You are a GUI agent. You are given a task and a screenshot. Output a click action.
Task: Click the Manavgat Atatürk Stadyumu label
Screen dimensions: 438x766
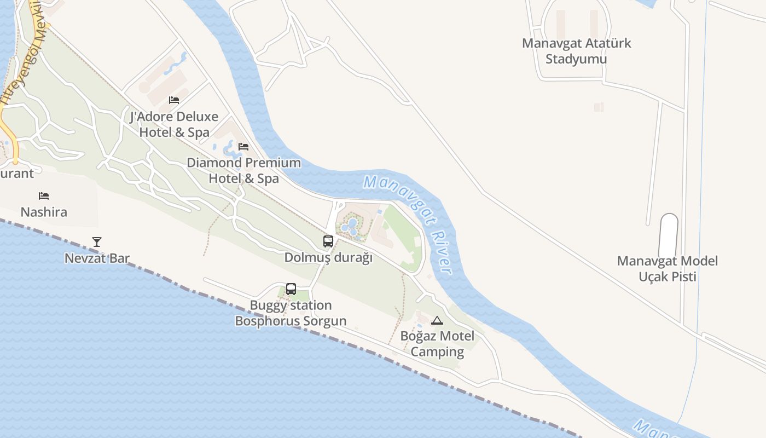click(576, 51)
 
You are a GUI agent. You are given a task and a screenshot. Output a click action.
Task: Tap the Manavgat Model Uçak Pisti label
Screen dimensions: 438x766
click(668, 269)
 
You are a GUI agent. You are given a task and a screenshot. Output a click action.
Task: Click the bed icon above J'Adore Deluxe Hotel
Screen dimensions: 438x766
click(174, 100)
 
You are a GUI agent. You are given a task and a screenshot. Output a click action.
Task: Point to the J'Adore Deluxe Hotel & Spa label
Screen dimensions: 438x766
click(174, 124)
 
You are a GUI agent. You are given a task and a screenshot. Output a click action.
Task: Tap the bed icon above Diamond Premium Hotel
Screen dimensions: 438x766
click(243, 147)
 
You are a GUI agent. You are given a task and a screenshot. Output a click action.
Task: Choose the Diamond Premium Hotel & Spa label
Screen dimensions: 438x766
click(244, 170)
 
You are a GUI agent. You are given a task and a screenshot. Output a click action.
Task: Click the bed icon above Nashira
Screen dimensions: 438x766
click(44, 196)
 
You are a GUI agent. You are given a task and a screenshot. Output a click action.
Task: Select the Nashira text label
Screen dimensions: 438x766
click(44, 212)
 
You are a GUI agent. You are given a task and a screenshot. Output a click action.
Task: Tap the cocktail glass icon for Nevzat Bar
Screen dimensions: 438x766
click(97, 242)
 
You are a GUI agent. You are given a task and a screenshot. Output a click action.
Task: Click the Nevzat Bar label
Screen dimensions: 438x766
click(97, 258)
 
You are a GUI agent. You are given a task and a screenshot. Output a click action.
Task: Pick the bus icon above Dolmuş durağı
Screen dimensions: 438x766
click(328, 241)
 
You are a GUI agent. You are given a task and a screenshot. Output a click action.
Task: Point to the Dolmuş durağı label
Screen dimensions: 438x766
click(328, 257)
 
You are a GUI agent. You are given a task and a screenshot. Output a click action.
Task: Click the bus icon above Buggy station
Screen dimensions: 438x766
click(291, 289)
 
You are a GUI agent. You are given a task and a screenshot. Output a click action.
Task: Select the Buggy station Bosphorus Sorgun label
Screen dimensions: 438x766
click(291, 313)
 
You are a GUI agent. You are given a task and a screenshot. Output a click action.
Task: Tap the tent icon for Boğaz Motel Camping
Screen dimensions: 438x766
click(437, 320)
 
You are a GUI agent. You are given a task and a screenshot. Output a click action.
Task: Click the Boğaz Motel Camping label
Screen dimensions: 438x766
click(437, 344)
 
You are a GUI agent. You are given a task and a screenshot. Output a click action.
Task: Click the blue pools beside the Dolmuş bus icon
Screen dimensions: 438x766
click(351, 227)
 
